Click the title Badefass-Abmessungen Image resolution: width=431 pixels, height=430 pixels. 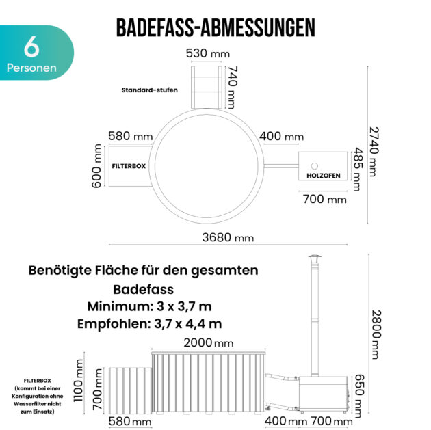[215, 28]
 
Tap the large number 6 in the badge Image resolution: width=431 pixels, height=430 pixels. [31, 47]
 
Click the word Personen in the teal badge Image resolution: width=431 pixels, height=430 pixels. [31, 68]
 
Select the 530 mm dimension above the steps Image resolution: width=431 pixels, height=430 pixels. [208, 53]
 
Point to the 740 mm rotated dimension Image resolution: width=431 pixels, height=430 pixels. [233, 87]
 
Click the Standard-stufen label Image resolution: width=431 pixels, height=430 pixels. [150, 90]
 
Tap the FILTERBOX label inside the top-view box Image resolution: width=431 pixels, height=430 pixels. [129, 166]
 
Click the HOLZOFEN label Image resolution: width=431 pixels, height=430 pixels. [324, 176]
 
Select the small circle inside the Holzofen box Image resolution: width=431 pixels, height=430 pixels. [315, 166]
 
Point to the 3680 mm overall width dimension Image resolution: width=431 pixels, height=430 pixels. [228, 237]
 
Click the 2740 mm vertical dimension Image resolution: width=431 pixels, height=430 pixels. [374, 152]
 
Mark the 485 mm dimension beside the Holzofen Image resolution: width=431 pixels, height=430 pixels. [358, 169]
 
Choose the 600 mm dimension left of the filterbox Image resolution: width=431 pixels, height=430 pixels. [96, 166]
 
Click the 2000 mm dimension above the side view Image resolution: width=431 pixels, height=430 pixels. [209, 343]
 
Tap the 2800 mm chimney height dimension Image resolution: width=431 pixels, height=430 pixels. [376, 335]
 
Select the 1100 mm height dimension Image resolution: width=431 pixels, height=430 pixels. [79, 381]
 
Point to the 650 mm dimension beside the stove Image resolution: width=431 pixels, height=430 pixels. [358, 396]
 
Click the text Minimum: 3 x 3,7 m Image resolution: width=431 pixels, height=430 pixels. [150, 306]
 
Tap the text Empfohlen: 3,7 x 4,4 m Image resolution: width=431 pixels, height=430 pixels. [150, 324]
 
